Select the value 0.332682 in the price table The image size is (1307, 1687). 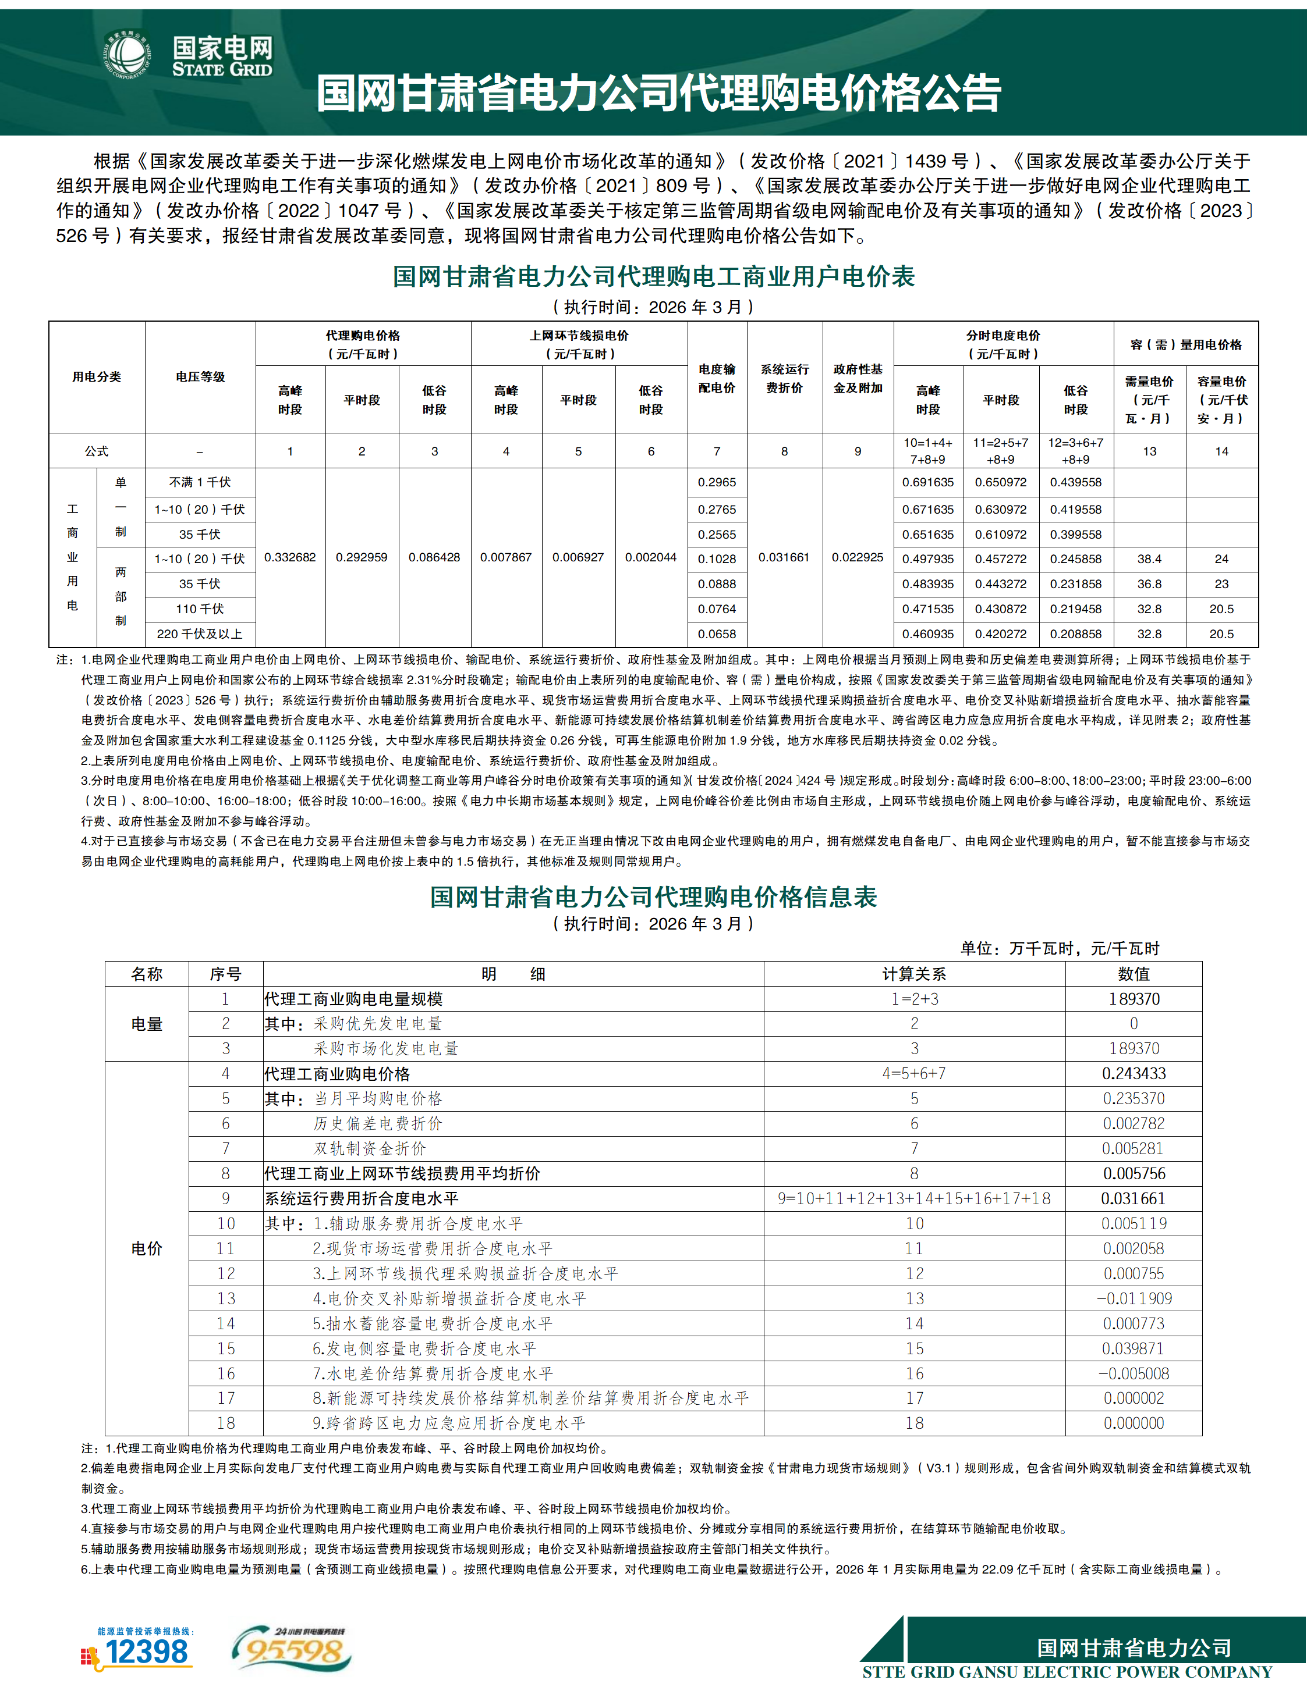click(x=290, y=557)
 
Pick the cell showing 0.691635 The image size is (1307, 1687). click(x=927, y=482)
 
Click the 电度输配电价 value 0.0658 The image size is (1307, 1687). click(x=717, y=634)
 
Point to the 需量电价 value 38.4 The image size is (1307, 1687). click(x=1149, y=558)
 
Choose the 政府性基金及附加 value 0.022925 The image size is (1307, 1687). click(x=857, y=557)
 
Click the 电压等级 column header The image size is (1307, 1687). click(x=200, y=377)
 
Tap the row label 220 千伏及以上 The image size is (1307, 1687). click(x=200, y=634)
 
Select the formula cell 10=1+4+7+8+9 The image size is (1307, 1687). click(x=927, y=451)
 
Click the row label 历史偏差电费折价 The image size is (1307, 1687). click(x=378, y=1123)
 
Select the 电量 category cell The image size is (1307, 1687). click(x=147, y=1023)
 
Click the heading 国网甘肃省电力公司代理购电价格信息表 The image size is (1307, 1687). click(x=653, y=897)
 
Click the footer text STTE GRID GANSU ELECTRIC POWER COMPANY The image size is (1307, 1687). click(x=1067, y=1672)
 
